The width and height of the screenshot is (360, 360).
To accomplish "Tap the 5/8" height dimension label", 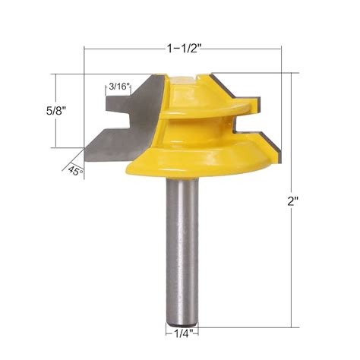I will point(33,110).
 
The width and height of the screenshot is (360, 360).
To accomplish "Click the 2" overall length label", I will point(302,203).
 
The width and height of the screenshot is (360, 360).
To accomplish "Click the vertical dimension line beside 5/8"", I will point(55,110).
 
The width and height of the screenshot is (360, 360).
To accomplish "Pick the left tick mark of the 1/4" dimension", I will point(166,332).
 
